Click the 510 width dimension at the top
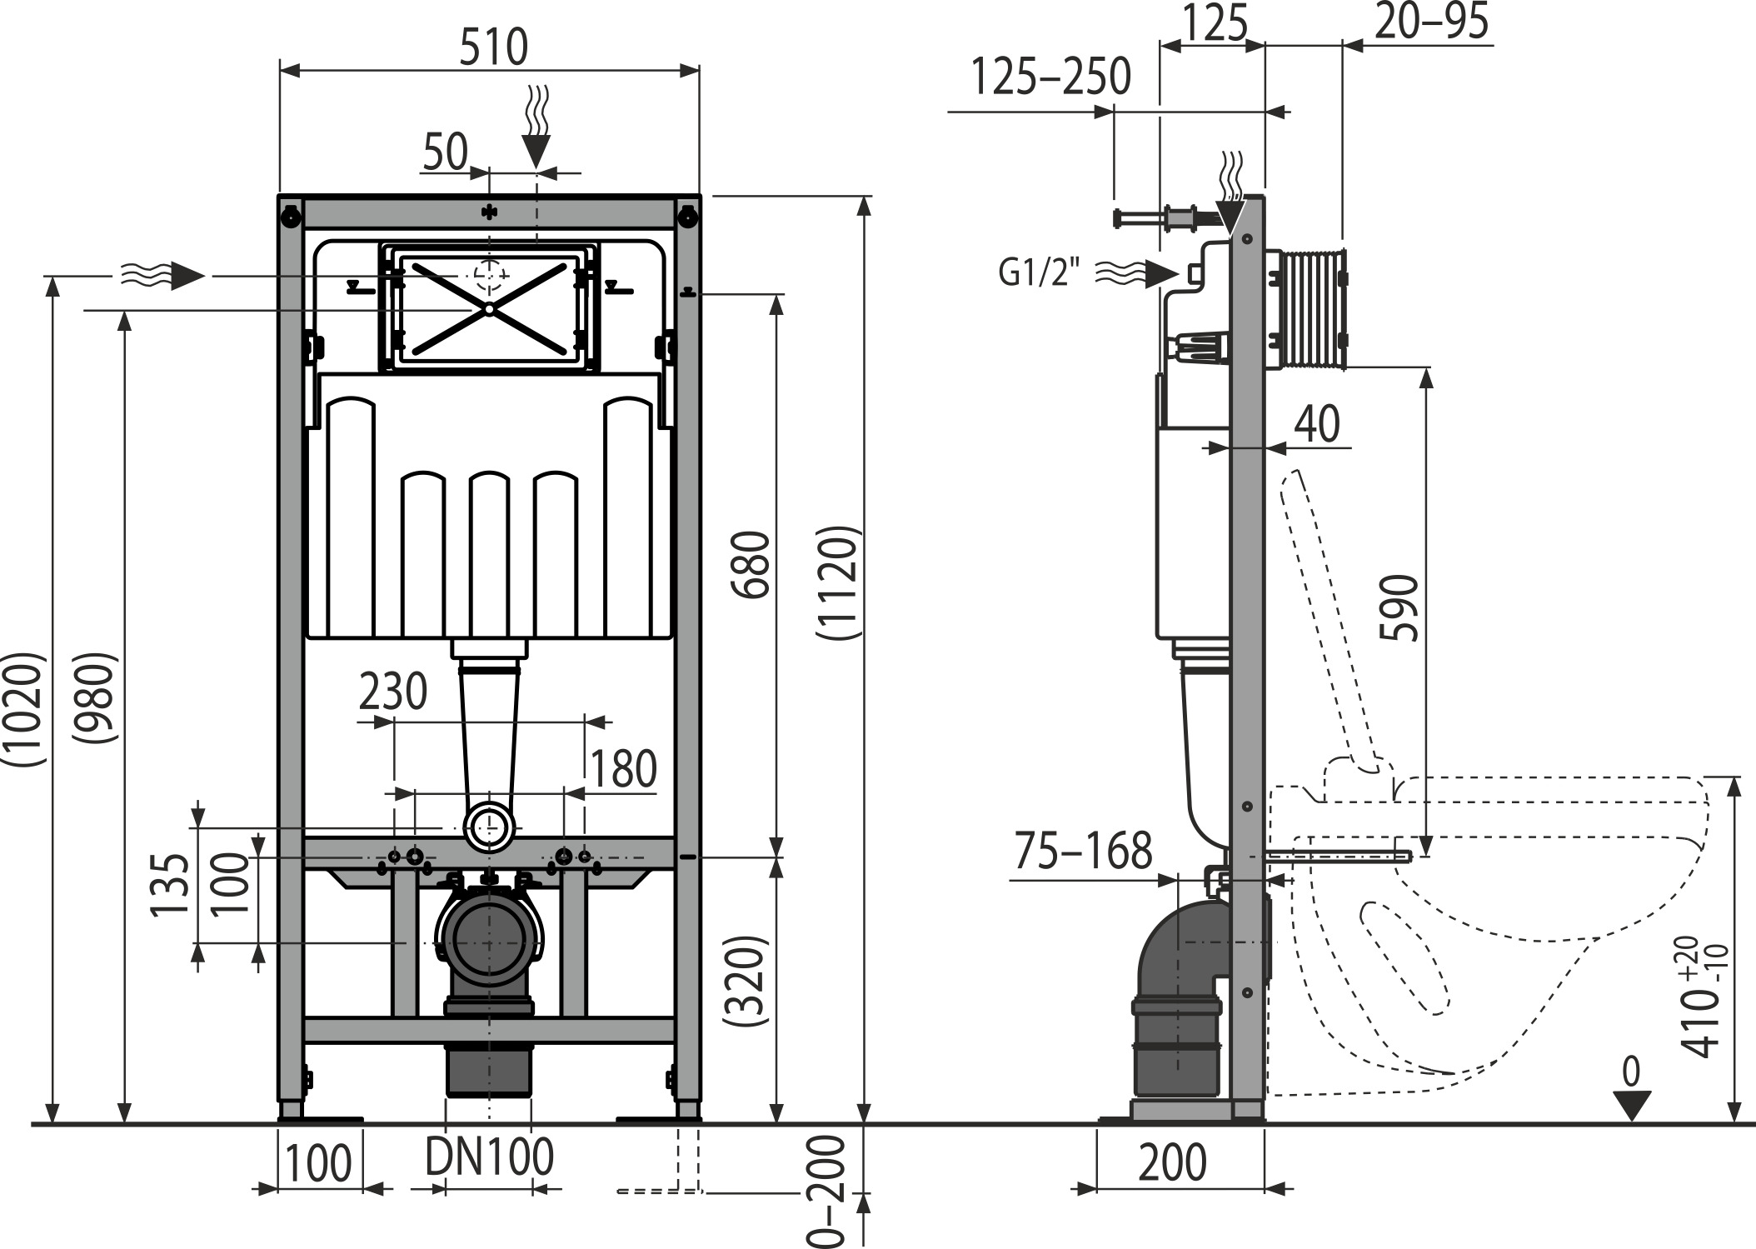[493, 47]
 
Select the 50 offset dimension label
[446, 152]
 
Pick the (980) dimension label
[93, 698]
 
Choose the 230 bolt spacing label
[393, 692]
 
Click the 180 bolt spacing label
[623, 769]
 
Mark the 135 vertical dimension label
[170, 884]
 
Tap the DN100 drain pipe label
[489, 1157]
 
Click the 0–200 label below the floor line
[828, 1192]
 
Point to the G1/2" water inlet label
[1039, 272]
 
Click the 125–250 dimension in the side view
[1051, 77]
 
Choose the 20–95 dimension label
[1431, 22]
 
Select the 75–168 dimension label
[1083, 851]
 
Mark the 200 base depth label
[1172, 1163]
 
